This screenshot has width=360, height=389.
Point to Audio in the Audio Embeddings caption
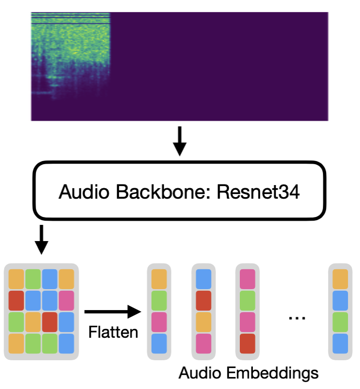click(200, 373)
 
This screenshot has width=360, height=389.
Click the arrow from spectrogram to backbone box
click(179, 141)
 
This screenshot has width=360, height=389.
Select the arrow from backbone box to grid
click(41, 239)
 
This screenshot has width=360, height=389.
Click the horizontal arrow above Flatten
click(112, 312)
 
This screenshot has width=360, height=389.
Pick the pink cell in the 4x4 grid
click(66, 300)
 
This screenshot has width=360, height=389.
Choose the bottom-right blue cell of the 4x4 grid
click(66, 342)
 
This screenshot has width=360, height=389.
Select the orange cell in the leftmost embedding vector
click(159, 279)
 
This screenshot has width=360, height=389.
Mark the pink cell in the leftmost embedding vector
click(159, 322)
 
